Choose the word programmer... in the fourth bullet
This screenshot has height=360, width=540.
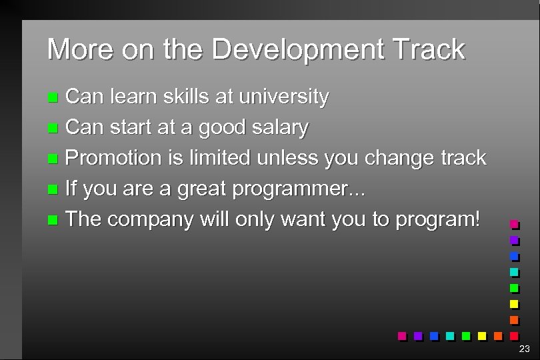click(299, 189)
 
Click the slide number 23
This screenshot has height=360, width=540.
click(524, 349)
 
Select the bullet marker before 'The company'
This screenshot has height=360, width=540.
click(54, 220)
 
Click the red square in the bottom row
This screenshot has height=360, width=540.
click(513, 335)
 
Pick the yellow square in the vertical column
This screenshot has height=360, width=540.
click(513, 304)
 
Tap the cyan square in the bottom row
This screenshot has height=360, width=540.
click(450, 335)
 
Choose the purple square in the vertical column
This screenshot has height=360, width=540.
click(513, 240)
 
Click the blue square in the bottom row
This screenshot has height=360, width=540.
click(434, 335)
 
